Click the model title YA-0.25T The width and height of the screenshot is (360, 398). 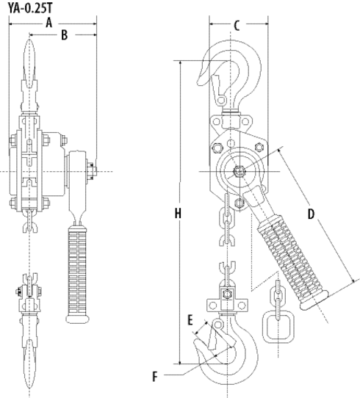[30, 7]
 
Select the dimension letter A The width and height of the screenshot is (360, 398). [49, 23]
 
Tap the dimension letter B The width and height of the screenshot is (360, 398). [65, 35]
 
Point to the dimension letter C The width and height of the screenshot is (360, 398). [237, 26]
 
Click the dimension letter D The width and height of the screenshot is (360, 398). [311, 214]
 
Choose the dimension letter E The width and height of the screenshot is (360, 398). [190, 320]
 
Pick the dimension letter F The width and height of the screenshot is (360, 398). [155, 376]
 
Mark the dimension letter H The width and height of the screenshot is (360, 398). [178, 213]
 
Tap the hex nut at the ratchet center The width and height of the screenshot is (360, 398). [239, 172]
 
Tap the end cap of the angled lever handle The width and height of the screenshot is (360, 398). [314, 300]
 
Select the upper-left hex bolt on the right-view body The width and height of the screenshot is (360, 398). [216, 148]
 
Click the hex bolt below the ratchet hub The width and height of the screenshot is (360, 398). [240, 203]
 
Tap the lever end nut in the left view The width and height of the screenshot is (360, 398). [92, 170]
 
